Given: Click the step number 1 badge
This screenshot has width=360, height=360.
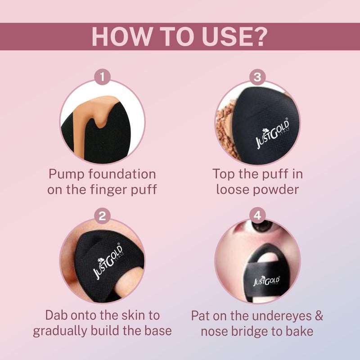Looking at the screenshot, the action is (x=103, y=76).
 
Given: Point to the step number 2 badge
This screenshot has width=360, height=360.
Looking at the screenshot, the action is (x=103, y=216).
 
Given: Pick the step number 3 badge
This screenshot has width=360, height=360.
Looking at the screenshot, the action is (x=257, y=76).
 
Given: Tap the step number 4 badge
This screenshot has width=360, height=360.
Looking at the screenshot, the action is (x=257, y=216).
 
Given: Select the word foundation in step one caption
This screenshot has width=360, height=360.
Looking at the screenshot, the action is (x=122, y=174).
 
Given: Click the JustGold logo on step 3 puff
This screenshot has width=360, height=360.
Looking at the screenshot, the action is (x=273, y=134).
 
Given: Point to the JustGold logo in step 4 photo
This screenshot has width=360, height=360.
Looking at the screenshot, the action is (x=266, y=281).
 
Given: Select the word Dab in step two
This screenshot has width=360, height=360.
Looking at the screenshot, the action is (x=57, y=315).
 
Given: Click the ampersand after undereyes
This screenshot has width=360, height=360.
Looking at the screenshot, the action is (x=319, y=315).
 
